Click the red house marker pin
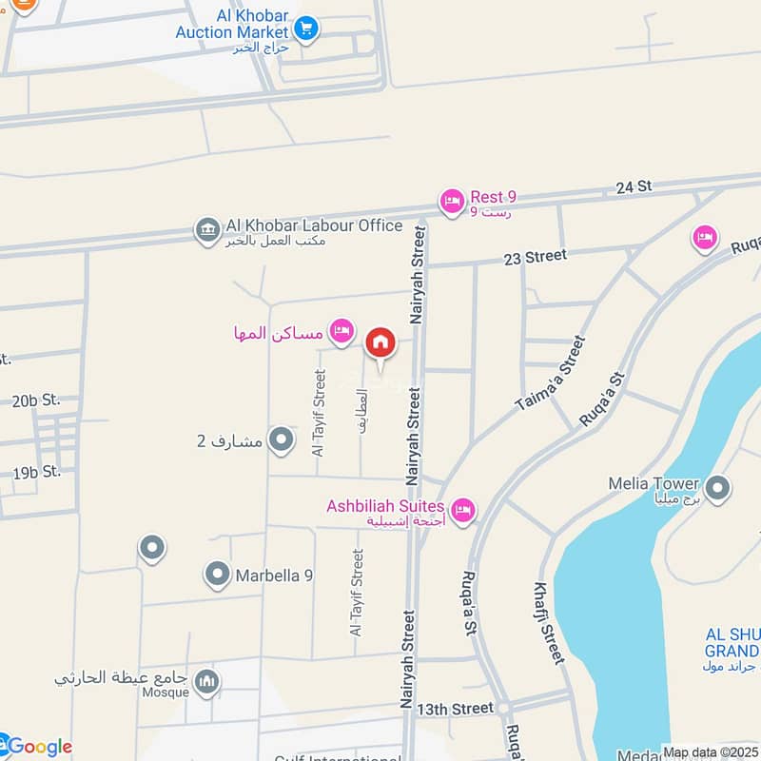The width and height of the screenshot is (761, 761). point(380,342)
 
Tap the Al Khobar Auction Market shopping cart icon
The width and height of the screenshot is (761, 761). point(305,29)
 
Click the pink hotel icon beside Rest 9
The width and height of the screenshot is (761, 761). point(452,201)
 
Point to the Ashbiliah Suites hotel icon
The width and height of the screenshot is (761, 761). point(463,511)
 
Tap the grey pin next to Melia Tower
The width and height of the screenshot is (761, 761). point(719,489)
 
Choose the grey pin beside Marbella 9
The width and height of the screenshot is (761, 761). point(218,575)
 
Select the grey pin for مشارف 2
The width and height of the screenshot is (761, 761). point(281,439)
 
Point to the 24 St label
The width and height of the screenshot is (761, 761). point(633,187)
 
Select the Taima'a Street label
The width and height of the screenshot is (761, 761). point(549,373)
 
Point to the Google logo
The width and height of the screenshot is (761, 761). point(38,747)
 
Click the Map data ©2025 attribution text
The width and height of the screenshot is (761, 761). point(710,751)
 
